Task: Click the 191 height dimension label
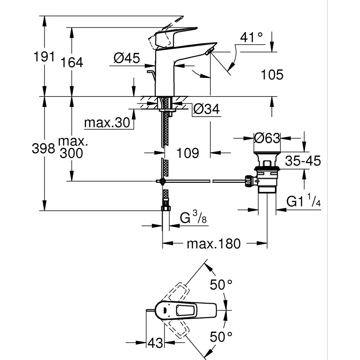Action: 44,57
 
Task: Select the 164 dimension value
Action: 71,62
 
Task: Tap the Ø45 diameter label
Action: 126,58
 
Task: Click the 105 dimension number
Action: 272,75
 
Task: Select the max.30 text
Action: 107,123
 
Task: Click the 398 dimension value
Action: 44,148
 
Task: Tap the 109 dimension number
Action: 188,153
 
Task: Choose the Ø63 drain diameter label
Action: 267,138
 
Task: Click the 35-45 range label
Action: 302,161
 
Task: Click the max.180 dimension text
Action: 213,244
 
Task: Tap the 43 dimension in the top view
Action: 155,342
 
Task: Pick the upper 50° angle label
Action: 221,285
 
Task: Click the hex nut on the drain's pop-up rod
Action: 248,181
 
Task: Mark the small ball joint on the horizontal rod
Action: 163,181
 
